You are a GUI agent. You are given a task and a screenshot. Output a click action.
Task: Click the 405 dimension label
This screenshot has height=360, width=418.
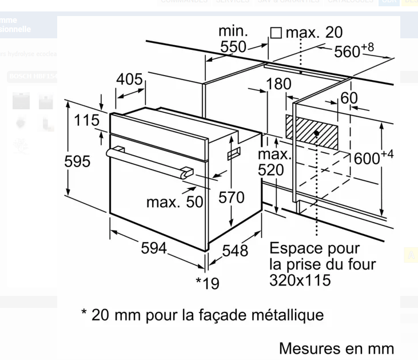(130, 80)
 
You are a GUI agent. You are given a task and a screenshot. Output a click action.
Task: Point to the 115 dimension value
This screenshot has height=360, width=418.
(86, 121)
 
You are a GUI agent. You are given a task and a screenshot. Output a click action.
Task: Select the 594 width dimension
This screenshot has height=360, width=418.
(154, 248)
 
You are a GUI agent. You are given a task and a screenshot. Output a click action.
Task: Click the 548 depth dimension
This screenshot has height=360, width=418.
(235, 250)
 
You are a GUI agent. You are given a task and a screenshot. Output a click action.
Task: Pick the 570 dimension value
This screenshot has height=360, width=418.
(232, 197)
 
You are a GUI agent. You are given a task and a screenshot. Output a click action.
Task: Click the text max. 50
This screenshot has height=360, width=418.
(174, 201)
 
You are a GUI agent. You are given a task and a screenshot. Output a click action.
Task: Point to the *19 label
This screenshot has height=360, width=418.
(208, 283)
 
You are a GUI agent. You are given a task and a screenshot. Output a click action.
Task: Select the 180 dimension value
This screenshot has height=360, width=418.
(278, 84)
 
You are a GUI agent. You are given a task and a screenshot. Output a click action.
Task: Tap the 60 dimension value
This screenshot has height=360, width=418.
(349, 98)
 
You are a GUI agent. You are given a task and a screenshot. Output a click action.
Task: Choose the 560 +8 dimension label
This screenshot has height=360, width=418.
(354, 50)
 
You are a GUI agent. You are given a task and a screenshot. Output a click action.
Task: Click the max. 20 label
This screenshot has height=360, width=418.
(314, 33)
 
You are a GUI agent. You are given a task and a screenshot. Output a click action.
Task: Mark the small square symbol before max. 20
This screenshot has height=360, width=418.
(276, 33)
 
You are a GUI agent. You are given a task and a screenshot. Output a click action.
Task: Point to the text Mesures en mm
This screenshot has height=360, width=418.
(336, 348)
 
